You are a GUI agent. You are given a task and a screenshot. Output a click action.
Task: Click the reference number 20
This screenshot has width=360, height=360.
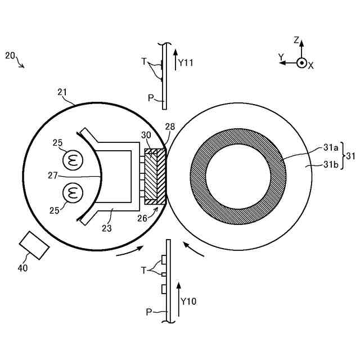(x=10, y=55)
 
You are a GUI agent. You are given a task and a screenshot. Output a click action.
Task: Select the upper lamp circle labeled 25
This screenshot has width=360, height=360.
(x=72, y=160)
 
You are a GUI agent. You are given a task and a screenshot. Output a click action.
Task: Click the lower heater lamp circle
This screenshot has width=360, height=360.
(x=72, y=194)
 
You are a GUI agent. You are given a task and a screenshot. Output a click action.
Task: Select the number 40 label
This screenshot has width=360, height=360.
(x=22, y=268)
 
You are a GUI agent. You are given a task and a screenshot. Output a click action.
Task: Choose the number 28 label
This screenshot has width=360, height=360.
(x=170, y=127)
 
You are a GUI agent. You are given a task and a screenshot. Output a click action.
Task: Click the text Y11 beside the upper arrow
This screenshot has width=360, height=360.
(x=185, y=64)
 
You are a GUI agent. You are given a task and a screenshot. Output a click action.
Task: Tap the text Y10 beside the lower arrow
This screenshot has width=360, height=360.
(x=188, y=301)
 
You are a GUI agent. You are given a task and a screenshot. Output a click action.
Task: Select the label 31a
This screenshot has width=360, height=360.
(x=330, y=147)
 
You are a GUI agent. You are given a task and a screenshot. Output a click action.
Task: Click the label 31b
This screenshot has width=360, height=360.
(x=330, y=164)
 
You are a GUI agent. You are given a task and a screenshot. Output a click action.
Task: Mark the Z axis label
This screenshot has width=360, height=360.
(x=296, y=40)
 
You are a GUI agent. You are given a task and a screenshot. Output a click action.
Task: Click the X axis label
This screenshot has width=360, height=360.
(x=310, y=66)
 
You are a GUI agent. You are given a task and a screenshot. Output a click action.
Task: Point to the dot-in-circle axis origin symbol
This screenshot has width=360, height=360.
(x=301, y=63)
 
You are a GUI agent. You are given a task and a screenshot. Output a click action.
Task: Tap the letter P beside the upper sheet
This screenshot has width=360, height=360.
(x=150, y=98)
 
